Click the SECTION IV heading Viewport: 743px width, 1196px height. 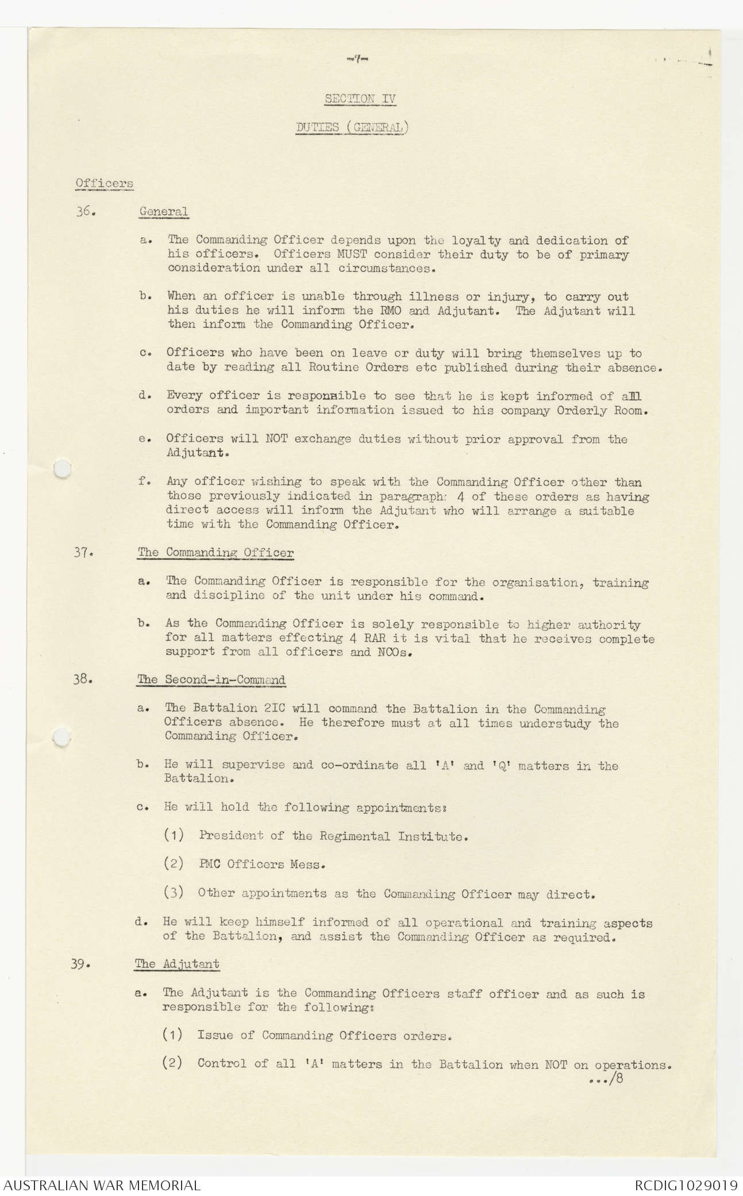pos(360,98)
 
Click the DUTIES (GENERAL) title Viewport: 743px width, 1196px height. pos(352,128)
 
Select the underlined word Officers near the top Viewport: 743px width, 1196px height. pos(105,184)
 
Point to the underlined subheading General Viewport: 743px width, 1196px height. pos(164,211)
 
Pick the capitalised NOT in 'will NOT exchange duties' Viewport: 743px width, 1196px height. pos(276,439)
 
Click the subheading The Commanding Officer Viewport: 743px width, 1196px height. pos(215,553)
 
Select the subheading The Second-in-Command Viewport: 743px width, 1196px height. pos(211,680)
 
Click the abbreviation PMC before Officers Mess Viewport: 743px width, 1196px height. pos(209,865)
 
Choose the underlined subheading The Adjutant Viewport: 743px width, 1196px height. pos(177,964)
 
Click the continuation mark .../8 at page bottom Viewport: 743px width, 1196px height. pos(606,1079)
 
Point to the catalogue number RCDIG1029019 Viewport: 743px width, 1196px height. pos(686,1185)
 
